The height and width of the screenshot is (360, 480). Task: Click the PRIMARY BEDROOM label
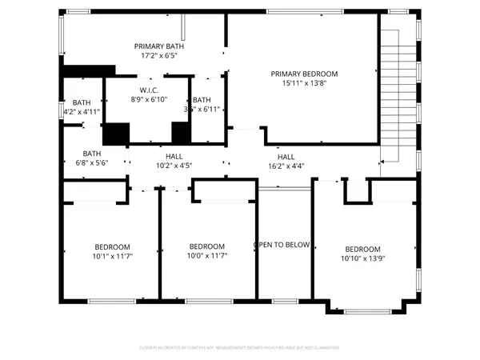tap(304, 73)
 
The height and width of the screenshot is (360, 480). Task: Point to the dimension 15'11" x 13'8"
tap(304, 82)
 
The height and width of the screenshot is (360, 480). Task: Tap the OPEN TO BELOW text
tap(282, 245)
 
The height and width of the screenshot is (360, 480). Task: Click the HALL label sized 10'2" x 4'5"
tap(174, 155)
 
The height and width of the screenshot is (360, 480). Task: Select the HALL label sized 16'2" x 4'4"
tap(286, 156)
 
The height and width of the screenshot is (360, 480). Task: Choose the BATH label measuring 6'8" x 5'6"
tap(92, 154)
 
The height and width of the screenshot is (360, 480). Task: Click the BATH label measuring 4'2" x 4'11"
tap(82, 102)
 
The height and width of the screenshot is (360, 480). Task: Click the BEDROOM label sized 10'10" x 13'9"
tap(362, 249)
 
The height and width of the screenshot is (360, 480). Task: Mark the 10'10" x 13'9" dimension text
tap(362, 258)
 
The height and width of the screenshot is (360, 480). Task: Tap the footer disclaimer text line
tap(240, 348)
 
